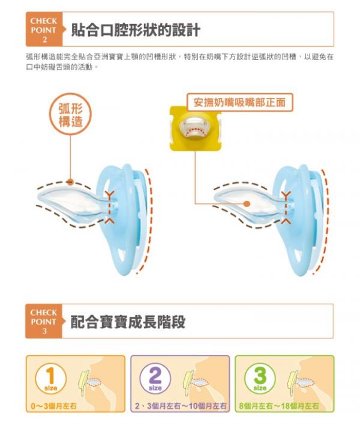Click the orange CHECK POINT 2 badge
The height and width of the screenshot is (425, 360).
(44, 29)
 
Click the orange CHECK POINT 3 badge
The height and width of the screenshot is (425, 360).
(44, 321)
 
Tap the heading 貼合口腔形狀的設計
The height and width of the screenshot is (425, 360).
(136, 30)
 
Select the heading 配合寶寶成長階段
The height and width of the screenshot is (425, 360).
(128, 322)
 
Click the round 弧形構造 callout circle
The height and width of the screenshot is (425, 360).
(70, 115)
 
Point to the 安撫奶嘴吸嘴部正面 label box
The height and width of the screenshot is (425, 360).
(240, 102)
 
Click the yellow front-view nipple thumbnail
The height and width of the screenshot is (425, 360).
(195, 128)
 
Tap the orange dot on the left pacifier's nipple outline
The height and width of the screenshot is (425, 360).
(70, 182)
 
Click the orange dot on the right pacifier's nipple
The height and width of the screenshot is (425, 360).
(246, 203)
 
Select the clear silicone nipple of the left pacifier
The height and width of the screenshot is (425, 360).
(73, 200)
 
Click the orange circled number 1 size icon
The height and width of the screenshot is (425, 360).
(50, 378)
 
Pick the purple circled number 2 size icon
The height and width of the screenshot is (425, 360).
(155, 378)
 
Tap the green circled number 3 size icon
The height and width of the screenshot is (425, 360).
(260, 378)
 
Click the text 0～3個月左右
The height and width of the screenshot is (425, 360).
(53, 406)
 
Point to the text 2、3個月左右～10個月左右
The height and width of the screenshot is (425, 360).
(181, 406)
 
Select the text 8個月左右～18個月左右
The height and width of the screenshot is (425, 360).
(279, 406)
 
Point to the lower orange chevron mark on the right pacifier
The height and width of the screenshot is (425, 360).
(285, 221)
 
